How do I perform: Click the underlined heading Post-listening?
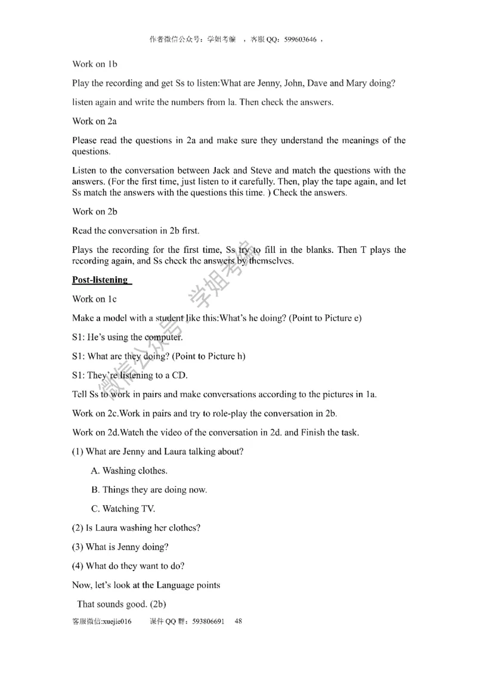(x=100, y=280)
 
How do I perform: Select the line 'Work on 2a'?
(x=94, y=121)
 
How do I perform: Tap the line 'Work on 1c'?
(x=94, y=299)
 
